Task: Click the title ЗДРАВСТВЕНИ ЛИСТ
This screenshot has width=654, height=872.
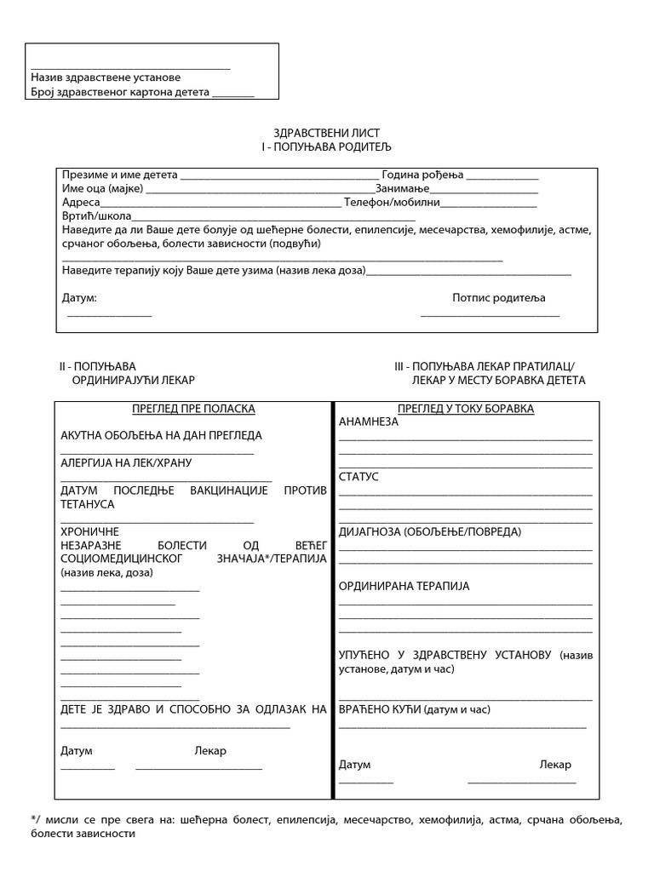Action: pos(326,134)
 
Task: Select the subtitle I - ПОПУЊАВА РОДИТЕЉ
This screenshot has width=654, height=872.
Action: pos(326,147)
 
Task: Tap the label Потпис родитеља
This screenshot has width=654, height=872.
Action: pos(498,298)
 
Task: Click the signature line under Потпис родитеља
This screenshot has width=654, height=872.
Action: pos(490,317)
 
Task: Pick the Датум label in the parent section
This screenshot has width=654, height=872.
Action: pos(79,298)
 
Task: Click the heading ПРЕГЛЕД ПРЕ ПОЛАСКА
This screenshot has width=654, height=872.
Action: pos(193,409)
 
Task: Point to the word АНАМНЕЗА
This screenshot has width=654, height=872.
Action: pos(368,422)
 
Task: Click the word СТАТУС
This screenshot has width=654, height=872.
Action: pos(359,476)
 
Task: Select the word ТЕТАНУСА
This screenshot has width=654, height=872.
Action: pos(88,504)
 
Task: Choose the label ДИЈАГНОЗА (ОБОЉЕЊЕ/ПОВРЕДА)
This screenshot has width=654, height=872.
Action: pos(430,531)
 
